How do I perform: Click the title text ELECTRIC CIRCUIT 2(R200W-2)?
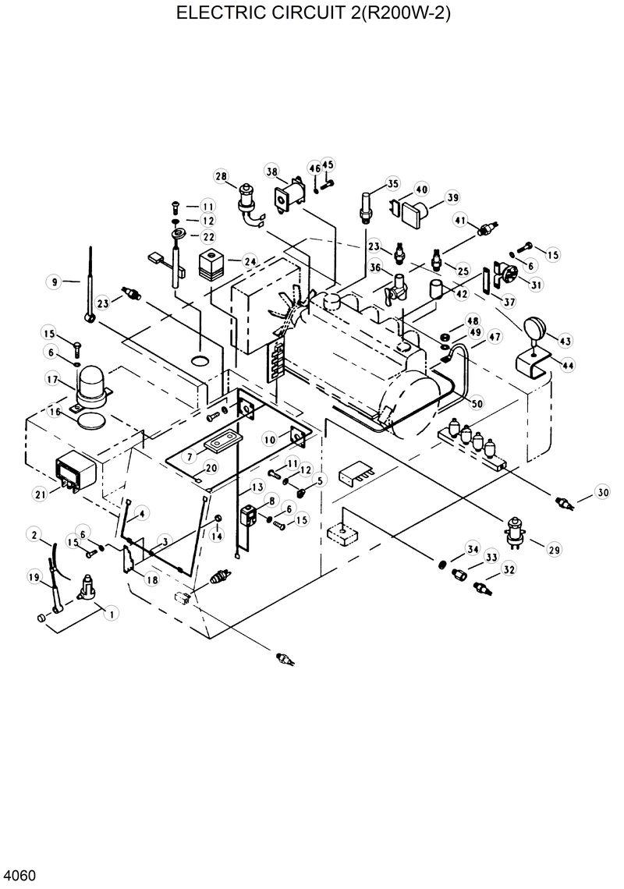[x=313, y=13]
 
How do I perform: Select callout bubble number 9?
[x=55, y=282]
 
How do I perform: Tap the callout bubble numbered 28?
[x=221, y=177]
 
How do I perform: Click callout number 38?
[x=271, y=172]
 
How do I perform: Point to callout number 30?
[x=602, y=492]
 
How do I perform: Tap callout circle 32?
[x=509, y=569]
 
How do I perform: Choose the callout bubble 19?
[x=34, y=577]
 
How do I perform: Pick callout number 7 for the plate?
[x=190, y=455]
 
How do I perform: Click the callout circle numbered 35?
[x=392, y=184]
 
